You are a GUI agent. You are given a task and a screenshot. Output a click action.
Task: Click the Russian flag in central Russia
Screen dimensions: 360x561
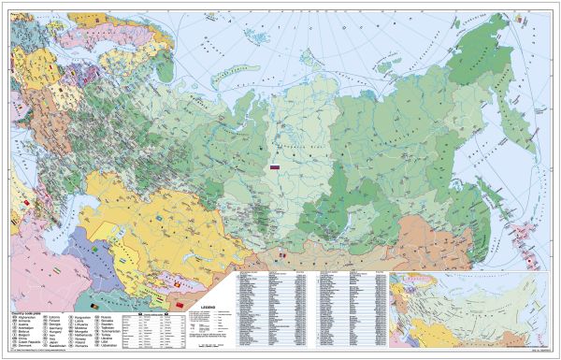276,167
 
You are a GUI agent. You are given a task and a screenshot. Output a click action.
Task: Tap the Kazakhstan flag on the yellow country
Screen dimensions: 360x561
160,219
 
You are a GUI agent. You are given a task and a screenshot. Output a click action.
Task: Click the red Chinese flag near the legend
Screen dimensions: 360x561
179,305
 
